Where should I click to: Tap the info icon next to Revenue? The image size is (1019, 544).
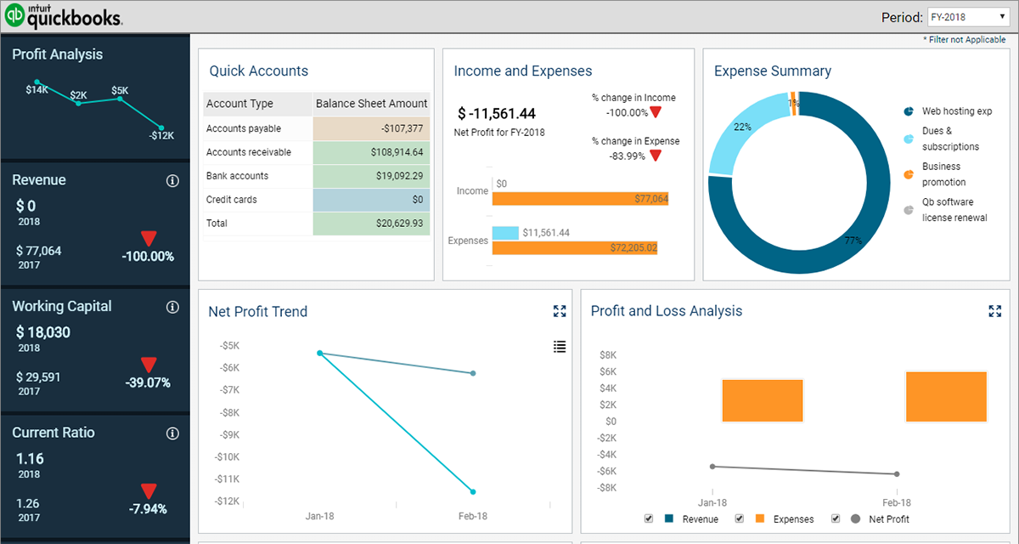point(172,181)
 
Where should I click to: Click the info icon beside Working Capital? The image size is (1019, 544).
point(172,307)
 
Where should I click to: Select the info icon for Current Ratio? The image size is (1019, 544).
point(172,433)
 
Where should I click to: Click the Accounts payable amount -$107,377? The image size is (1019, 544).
point(371,128)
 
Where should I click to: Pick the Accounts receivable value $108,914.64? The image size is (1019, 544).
point(371,152)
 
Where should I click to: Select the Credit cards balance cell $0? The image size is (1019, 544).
point(371,200)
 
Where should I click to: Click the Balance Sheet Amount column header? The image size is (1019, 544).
point(371,104)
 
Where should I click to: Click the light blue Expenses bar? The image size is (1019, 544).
point(505,233)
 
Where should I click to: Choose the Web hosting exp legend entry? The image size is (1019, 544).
point(956,111)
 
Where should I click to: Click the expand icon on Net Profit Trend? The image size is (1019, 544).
point(560,311)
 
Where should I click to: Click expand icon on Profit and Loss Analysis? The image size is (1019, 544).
point(995,311)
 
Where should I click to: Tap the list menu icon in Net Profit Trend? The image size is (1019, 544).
point(560,346)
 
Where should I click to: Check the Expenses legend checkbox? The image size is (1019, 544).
point(739,518)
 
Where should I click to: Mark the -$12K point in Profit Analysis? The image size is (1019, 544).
point(161,127)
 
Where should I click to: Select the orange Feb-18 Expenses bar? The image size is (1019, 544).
point(946,397)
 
